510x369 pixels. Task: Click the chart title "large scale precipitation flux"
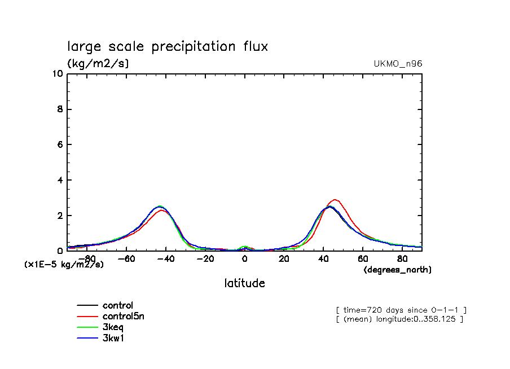(168, 47)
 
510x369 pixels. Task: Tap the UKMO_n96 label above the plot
(398, 64)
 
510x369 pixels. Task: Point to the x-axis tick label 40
(323, 259)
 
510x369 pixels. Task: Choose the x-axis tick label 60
(363, 259)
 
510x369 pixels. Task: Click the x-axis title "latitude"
(244, 283)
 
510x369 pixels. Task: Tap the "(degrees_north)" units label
(397, 270)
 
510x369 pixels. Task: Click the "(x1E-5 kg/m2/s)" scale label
(64, 264)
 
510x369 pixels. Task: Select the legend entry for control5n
(123, 317)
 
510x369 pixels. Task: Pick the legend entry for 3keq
(113, 327)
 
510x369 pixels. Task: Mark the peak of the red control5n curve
(335, 200)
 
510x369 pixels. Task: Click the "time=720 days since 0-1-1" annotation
(401, 310)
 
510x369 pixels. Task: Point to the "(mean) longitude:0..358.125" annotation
(399, 319)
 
